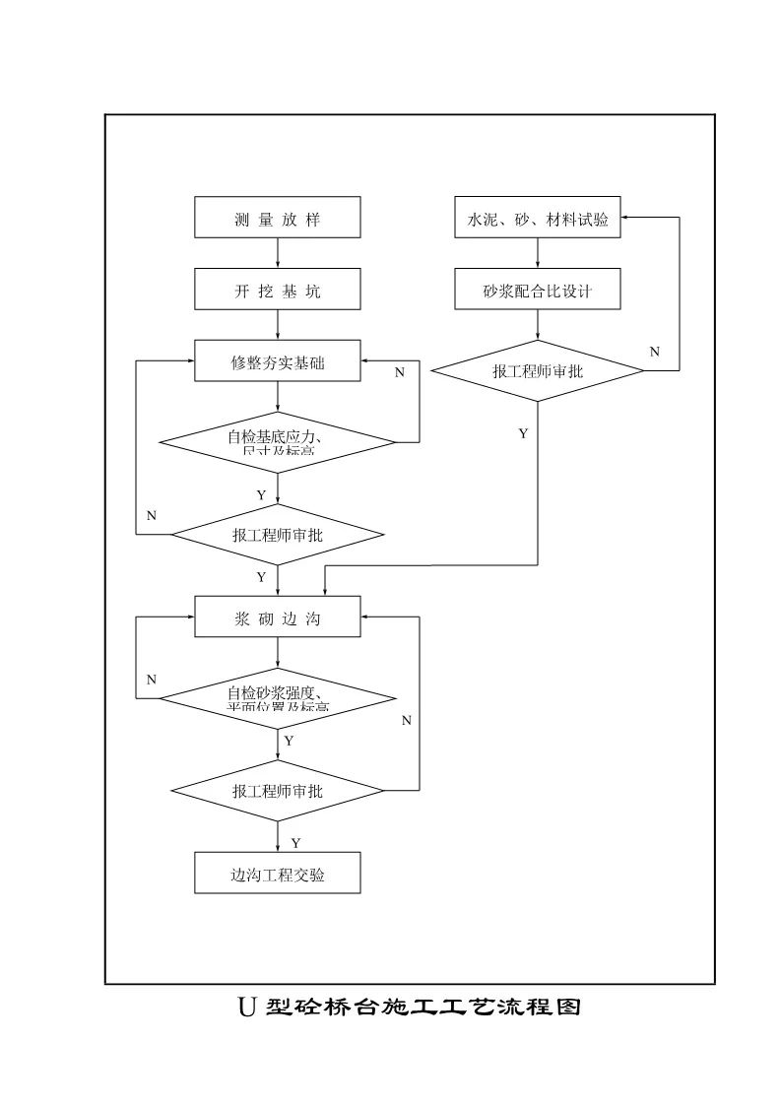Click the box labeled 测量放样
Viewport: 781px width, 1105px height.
coord(278,218)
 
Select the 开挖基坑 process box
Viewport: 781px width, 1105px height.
coord(278,291)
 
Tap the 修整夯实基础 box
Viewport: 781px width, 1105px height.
coord(278,362)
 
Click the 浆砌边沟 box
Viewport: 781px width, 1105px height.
coord(278,618)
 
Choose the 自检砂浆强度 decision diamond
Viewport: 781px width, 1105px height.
coord(278,697)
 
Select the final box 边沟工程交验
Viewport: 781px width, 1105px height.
coord(278,874)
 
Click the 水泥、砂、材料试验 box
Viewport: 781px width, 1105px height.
coord(538,218)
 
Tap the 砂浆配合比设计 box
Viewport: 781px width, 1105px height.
coord(538,291)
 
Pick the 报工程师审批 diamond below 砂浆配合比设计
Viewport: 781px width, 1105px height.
coord(538,371)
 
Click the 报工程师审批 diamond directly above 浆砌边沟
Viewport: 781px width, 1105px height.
coord(278,535)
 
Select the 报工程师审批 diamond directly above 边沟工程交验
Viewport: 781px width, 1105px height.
coord(278,790)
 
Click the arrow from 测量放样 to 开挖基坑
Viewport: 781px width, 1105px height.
coord(279,254)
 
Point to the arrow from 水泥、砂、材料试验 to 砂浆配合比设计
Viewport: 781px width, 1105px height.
coord(538,254)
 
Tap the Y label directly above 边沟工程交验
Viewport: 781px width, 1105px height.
coord(295,842)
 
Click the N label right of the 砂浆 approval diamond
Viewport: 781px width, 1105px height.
coord(655,352)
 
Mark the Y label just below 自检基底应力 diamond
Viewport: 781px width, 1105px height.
coord(261,495)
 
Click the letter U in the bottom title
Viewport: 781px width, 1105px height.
coord(246,1007)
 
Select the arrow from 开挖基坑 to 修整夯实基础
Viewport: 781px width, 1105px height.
coord(279,326)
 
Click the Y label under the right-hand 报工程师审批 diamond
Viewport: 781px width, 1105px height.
coord(523,433)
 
